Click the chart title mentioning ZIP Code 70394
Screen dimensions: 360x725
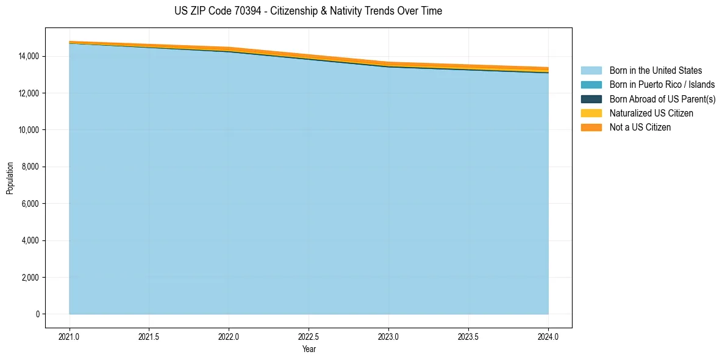tap(308, 11)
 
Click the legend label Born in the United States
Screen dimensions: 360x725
tap(655, 71)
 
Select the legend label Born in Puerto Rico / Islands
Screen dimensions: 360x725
tap(662, 85)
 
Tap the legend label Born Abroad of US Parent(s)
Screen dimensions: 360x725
tap(662, 99)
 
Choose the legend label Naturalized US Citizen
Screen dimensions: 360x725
tap(651, 113)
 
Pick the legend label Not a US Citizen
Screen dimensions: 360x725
tap(640, 128)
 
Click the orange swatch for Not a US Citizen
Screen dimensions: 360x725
tap(591, 128)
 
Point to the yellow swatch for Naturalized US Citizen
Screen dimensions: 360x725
tap(591, 113)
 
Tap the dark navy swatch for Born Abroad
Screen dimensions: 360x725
tap(591, 99)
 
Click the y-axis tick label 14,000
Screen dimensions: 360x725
tap(29, 56)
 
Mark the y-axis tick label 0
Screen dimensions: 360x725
tap(37, 314)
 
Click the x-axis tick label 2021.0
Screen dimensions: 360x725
tap(70, 336)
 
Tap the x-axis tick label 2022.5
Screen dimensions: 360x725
tap(309, 336)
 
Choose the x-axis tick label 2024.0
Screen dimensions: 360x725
tap(548, 336)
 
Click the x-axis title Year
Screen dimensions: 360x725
tap(309, 349)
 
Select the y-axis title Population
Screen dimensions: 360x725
tap(10, 178)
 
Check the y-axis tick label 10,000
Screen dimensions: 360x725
tap(29, 130)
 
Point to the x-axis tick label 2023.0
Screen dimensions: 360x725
tap(388, 336)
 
